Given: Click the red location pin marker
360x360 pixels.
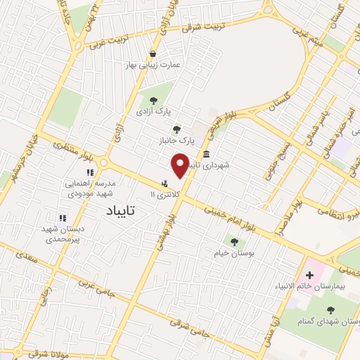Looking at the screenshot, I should click(x=181, y=166).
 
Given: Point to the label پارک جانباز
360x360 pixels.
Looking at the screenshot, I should click(x=176, y=141).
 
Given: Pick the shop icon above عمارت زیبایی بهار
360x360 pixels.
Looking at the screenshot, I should click(x=153, y=54).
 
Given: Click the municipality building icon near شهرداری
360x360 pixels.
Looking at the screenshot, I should click(x=206, y=155).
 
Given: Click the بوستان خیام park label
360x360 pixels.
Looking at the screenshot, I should click(x=235, y=252).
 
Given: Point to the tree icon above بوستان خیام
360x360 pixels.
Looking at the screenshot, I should click(x=235, y=242).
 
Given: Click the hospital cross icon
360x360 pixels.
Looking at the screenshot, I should click(x=309, y=274).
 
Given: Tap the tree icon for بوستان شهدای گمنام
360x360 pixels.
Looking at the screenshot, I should click(x=329, y=308).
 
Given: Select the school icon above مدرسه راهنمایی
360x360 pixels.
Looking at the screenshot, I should click(x=90, y=172).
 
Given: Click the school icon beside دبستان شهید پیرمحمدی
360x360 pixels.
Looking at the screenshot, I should click(x=63, y=219).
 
